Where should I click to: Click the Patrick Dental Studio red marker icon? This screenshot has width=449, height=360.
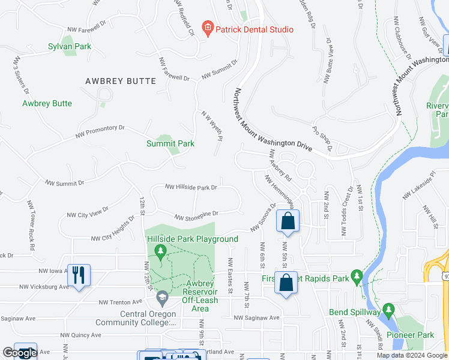[x=208, y=28]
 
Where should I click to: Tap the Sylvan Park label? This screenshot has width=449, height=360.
[x=69, y=46]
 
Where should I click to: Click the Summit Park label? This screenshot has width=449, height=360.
[x=170, y=143]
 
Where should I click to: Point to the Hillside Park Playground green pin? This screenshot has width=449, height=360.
[x=160, y=250]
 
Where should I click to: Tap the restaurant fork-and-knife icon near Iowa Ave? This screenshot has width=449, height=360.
[x=79, y=275]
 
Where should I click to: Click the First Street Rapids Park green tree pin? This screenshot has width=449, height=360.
[x=357, y=277]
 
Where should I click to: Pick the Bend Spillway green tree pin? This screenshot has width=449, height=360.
[x=388, y=310]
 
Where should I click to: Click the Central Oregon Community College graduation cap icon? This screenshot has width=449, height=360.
[x=162, y=296]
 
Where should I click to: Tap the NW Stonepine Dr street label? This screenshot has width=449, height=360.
[x=197, y=215]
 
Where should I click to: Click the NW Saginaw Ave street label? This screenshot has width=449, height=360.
[x=257, y=317]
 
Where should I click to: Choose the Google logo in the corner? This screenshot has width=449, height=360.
[x=19, y=353]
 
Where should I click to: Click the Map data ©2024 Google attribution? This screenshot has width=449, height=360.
[x=411, y=356]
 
